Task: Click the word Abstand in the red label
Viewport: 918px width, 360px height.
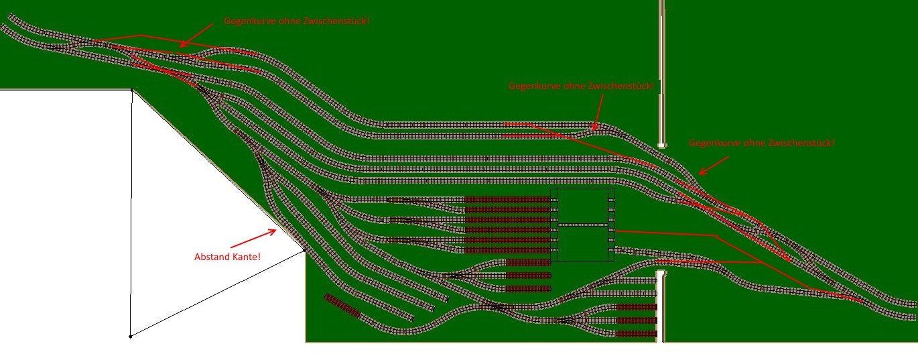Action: [x=212, y=257]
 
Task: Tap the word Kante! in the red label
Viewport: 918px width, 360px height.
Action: [x=247, y=257]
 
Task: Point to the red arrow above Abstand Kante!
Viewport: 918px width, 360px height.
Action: [x=253, y=239]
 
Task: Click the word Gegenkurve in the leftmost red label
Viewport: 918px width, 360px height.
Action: [x=249, y=21]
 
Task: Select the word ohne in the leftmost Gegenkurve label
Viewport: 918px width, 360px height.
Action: [x=289, y=21]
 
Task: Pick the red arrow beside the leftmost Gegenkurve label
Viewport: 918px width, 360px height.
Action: [x=196, y=35]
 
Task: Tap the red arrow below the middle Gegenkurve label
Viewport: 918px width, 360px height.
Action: [x=599, y=112]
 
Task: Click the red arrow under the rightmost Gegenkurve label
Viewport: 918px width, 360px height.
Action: [x=714, y=165]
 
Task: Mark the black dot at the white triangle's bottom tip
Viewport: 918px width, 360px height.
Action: [x=130, y=337]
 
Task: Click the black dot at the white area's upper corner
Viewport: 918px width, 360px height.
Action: [x=131, y=89]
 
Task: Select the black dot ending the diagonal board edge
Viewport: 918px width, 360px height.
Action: [x=304, y=249]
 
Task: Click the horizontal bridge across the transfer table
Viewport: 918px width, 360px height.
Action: [x=582, y=225]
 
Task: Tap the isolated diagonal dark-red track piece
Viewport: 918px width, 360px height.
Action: [x=342, y=306]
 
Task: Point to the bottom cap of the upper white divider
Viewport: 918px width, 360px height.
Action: [x=661, y=145]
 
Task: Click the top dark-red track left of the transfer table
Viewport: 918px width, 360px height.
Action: [x=507, y=200]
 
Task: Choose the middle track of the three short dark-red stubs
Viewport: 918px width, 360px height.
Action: [x=528, y=276]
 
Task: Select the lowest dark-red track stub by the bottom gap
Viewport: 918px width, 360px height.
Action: [x=636, y=334]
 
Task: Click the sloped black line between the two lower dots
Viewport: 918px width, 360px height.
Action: [x=217, y=293]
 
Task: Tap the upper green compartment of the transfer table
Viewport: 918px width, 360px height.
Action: [x=582, y=206]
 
